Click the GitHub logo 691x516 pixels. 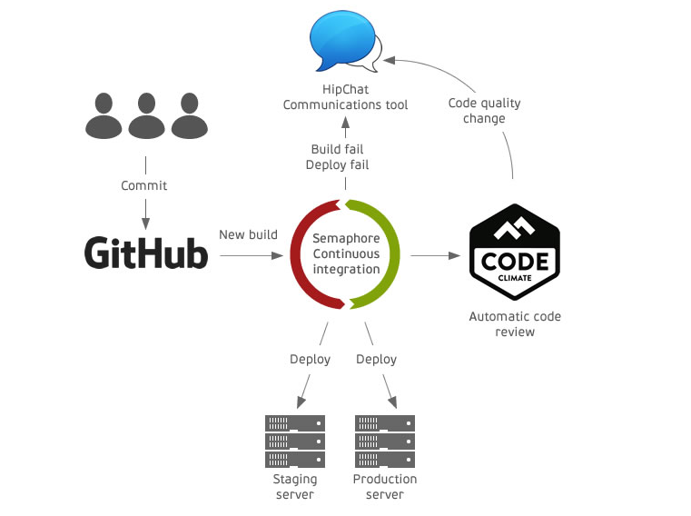146,253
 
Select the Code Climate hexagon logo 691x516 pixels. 513,253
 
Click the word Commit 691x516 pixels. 144,185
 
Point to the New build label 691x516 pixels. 248,234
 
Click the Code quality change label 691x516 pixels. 484,111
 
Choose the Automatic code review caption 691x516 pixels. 515,324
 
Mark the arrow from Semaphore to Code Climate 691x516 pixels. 435,256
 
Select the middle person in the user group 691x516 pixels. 144,115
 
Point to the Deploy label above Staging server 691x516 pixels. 310,359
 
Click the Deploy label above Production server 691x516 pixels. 376,359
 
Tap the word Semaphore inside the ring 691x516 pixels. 345,237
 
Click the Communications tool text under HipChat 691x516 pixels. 345,104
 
